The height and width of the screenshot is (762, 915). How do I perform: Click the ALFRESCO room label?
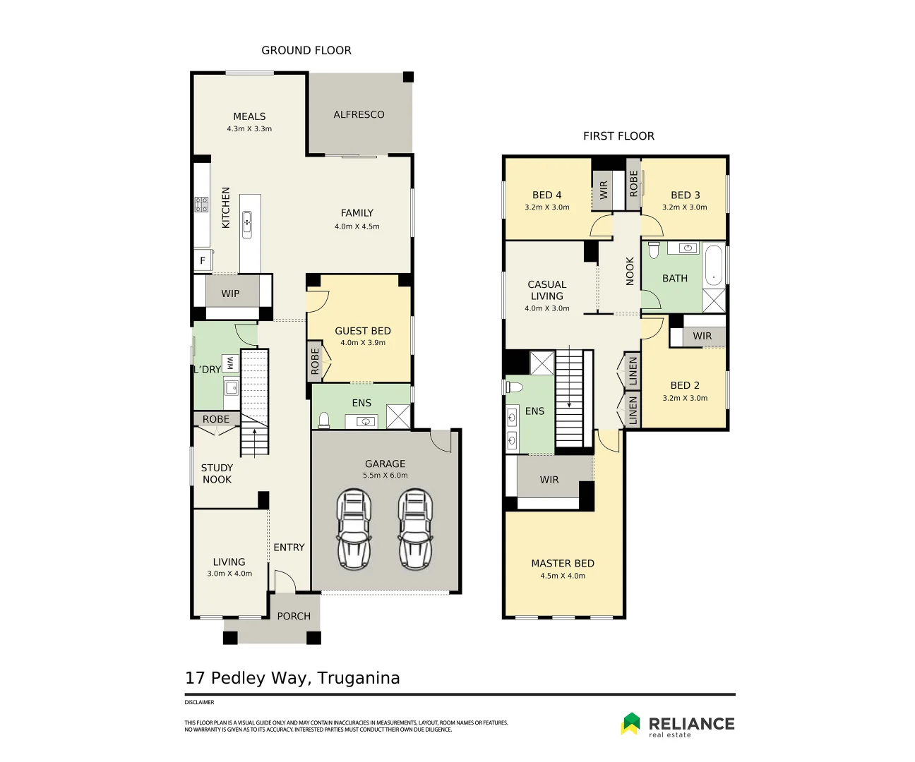pyautogui.click(x=359, y=114)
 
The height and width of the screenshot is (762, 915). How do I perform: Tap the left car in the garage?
pyautogui.click(x=354, y=529)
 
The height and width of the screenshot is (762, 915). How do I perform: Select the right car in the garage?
pyautogui.click(x=416, y=529)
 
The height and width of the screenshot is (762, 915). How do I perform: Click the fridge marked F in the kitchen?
pyautogui.click(x=203, y=260)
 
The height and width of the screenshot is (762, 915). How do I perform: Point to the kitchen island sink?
pyautogui.click(x=247, y=224)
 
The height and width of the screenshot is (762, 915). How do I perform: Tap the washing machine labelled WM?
pyautogui.click(x=230, y=363)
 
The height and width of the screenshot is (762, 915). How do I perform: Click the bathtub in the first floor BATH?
pyautogui.click(x=714, y=265)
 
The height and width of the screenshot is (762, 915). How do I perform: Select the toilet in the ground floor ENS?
pyautogui.click(x=324, y=421)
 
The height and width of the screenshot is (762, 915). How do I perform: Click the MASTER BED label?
pyautogui.click(x=563, y=563)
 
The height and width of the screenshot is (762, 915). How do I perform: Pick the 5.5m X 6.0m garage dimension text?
pyautogui.click(x=385, y=476)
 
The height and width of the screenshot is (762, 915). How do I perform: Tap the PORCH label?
pyautogui.click(x=294, y=616)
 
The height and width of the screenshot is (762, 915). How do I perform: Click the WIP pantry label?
pyautogui.click(x=230, y=294)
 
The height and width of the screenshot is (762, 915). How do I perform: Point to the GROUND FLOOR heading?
pyautogui.click(x=306, y=50)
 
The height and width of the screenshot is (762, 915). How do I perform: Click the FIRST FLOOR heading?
pyautogui.click(x=618, y=136)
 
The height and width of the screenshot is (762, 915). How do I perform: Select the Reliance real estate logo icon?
pyautogui.click(x=630, y=723)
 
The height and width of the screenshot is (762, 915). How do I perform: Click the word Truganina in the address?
pyautogui.click(x=359, y=678)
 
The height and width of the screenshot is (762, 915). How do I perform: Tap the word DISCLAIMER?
pyautogui.click(x=199, y=703)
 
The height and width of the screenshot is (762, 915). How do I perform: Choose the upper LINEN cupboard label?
pyautogui.click(x=633, y=371)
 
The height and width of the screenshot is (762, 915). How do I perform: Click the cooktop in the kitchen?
pyautogui.click(x=202, y=205)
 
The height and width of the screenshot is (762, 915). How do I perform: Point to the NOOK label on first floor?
pyautogui.click(x=630, y=271)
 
